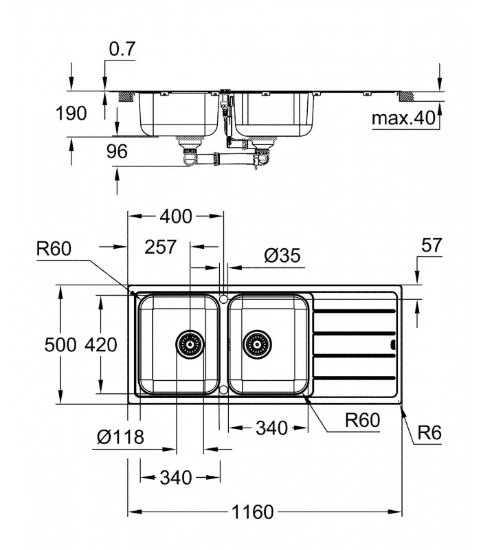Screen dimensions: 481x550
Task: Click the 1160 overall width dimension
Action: coord(252,511)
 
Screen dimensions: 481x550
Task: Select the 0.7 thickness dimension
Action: coord(122,49)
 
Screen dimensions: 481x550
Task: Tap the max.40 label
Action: coord(403,118)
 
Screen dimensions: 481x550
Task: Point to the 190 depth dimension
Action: coord(71,113)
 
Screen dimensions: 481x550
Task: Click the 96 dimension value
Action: coord(117,151)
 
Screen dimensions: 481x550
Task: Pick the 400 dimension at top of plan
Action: coord(176,217)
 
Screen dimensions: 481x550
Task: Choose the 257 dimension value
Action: coord(161,247)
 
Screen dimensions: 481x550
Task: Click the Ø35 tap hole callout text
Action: coord(282,255)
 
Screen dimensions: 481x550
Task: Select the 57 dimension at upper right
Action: coord(432,245)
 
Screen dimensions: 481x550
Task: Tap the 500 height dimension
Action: coord(60,345)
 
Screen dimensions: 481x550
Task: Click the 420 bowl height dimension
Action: coord(101,345)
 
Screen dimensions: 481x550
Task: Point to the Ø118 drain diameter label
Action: coord(120,437)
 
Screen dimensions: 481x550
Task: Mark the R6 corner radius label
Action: coord(429,432)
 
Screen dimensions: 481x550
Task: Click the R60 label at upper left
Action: coord(54,249)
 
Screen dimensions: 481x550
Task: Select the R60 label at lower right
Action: coord(363,420)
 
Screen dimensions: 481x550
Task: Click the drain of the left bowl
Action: coord(190,344)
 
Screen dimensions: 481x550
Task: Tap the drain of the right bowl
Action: coord(257,344)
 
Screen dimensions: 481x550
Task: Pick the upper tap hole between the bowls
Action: coord(223,298)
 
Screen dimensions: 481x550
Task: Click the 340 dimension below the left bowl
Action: coord(176,477)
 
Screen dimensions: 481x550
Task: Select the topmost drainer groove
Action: coord(354,311)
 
